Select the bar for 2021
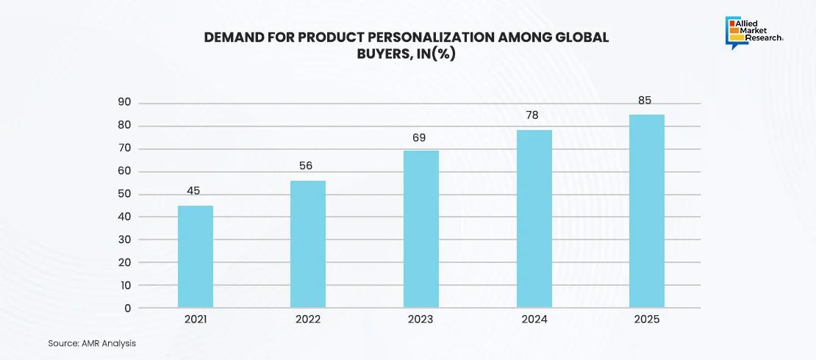(x=196, y=256)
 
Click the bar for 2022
(x=308, y=244)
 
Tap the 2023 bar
(x=421, y=229)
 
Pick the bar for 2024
(x=534, y=219)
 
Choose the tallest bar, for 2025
(x=647, y=211)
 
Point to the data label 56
(x=306, y=166)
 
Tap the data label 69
(x=419, y=137)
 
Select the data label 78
(x=533, y=115)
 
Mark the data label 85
(x=645, y=101)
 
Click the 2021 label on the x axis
(x=196, y=320)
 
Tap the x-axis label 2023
(x=420, y=320)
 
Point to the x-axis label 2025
(x=647, y=320)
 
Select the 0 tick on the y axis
(x=127, y=309)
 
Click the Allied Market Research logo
(x=754, y=32)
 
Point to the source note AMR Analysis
(x=92, y=343)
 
